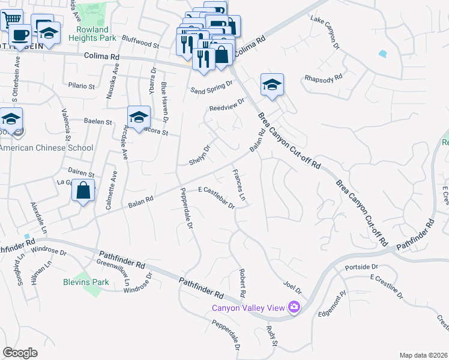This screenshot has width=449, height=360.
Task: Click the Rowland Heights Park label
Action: [92, 34]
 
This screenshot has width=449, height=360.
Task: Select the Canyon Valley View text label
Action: [247, 308]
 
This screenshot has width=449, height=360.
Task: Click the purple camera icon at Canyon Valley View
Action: [294, 307]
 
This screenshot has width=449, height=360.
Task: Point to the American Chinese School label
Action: [47, 148]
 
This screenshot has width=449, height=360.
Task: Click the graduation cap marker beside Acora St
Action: [139, 117]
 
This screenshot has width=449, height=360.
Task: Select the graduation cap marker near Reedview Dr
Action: [272, 85]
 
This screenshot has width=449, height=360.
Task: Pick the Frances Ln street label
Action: [239, 185]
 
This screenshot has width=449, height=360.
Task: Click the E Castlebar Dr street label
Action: [216, 197]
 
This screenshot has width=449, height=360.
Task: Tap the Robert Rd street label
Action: [243, 284]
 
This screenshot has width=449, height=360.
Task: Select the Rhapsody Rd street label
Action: [323, 77]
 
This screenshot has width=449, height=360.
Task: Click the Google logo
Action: [20, 353]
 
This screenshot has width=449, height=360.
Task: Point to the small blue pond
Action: [383, 53]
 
